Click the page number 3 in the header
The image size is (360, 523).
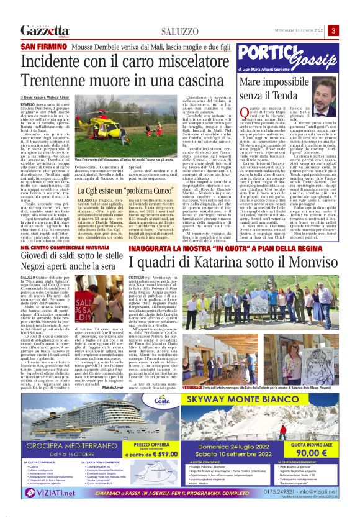tap(333, 30)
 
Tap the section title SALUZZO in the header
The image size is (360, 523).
tap(179, 31)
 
